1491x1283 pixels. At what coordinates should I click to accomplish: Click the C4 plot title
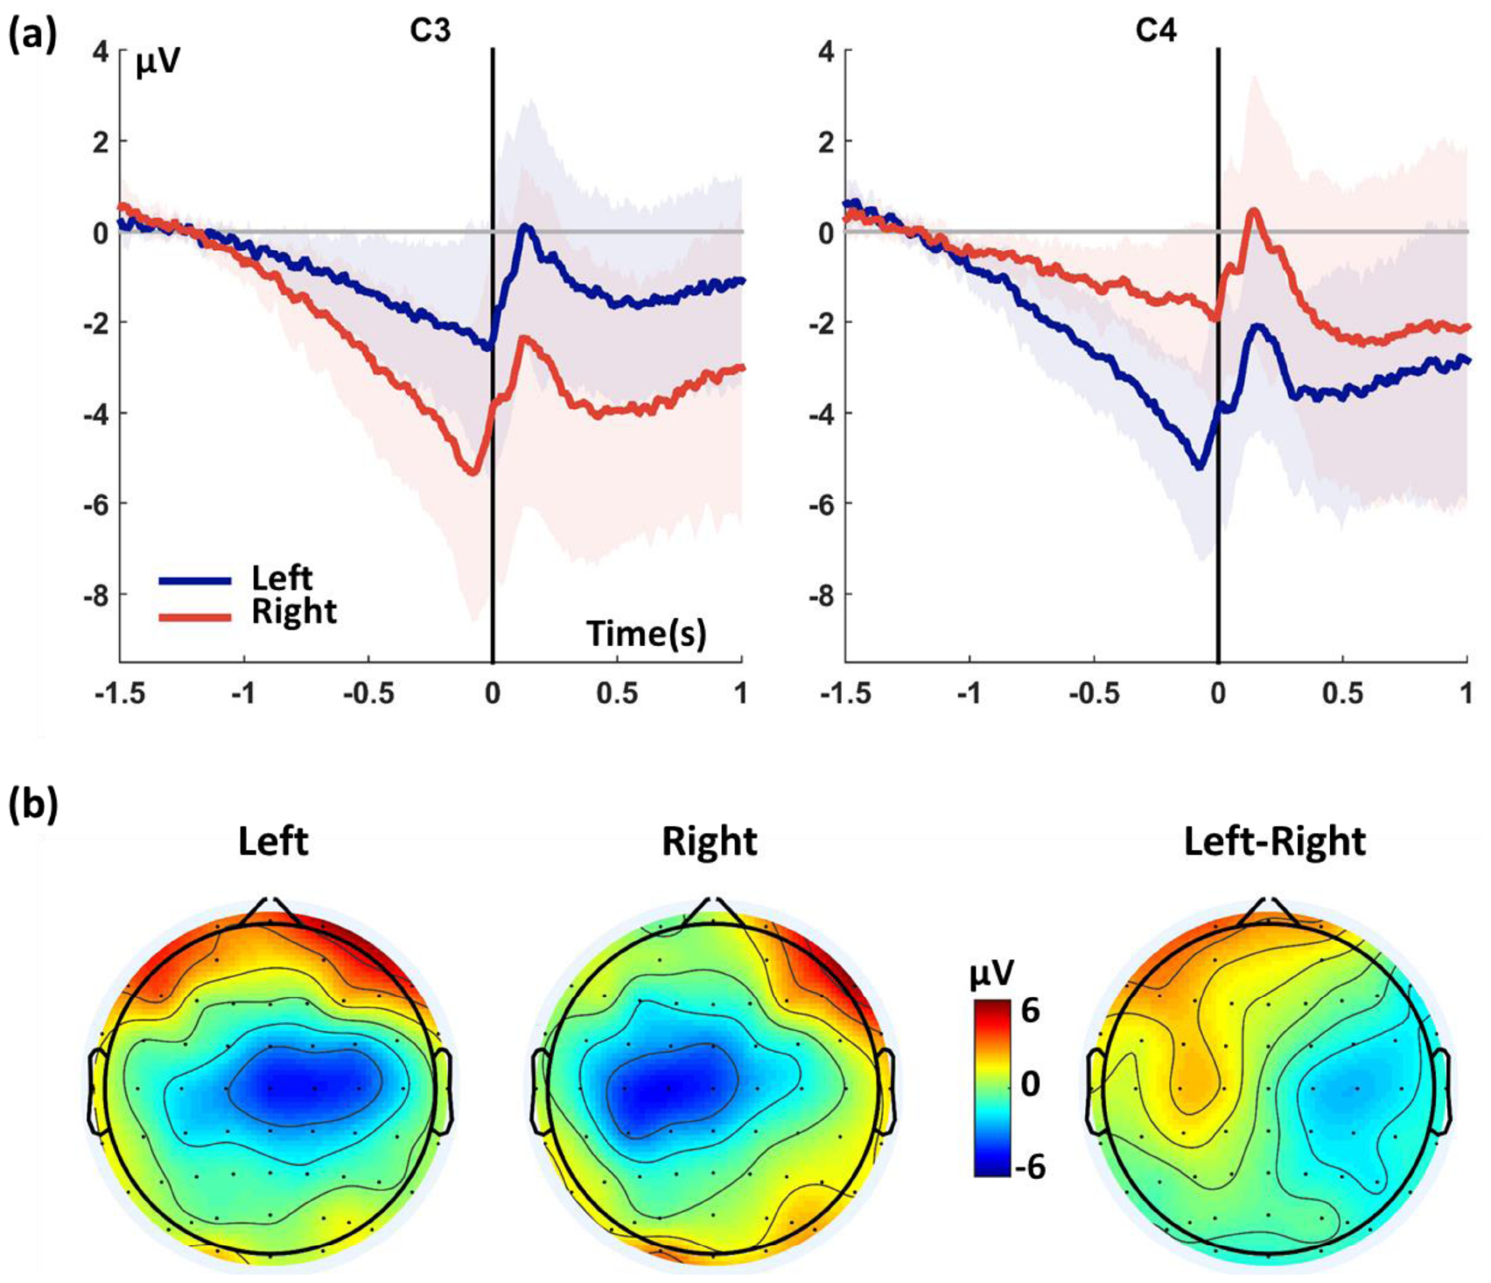pyautogui.click(x=1156, y=32)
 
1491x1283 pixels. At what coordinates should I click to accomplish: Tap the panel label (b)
pyautogui.click(x=33, y=804)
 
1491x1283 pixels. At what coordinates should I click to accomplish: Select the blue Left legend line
pyautogui.click(x=195, y=580)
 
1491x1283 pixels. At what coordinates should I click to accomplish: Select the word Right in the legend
pyautogui.click(x=294, y=612)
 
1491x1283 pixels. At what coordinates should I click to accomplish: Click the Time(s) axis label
pyautogui.click(x=646, y=633)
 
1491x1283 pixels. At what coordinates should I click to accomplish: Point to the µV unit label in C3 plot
pyautogui.click(x=157, y=64)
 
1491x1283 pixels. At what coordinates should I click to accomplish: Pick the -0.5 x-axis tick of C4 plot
pyautogui.click(x=1092, y=694)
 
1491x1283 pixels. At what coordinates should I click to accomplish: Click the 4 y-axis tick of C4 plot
pyautogui.click(x=825, y=51)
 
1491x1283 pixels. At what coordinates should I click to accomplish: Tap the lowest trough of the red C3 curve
pyautogui.click(x=472, y=473)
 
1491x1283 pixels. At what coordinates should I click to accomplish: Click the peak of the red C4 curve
pyautogui.click(x=1254, y=211)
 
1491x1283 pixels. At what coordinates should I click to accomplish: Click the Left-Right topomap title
pyautogui.click(x=1274, y=842)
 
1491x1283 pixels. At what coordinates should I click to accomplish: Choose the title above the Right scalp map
pyautogui.click(x=709, y=842)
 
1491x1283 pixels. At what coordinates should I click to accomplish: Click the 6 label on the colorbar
pyautogui.click(x=1030, y=1011)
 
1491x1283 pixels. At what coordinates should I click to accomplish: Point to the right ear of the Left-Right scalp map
pyautogui.click(x=1445, y=1090)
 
